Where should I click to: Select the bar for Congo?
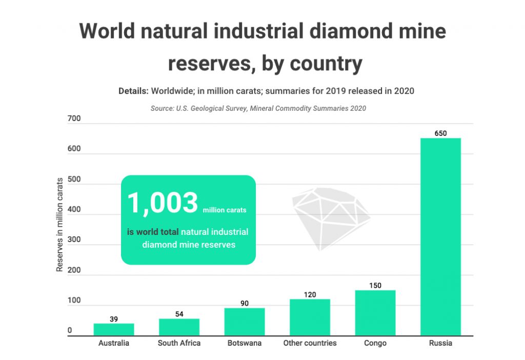[375, 313]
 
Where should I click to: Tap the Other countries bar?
[310, 317]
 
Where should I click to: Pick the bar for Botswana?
[245, 322]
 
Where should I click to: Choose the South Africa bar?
[179, 327]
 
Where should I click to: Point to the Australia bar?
[114, 329]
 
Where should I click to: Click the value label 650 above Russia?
[440, 133]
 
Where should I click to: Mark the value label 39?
[114, 319]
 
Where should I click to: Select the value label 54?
[179, 314]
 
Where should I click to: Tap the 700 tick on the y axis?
[74, 119]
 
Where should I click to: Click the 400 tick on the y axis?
[74, 210]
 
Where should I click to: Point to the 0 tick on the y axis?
[70, 331]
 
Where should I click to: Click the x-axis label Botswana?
[245, 343]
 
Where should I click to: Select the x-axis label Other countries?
[310, 343]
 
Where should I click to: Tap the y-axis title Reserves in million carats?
[59, 224]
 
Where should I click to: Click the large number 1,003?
[162, 203]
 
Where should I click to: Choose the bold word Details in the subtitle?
[133, 91]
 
